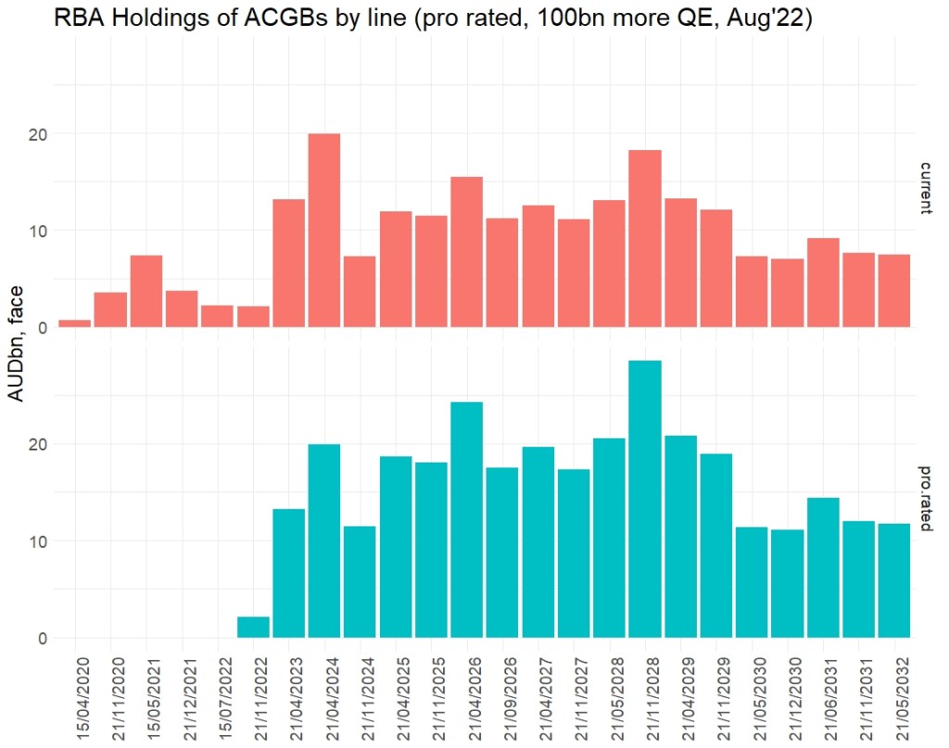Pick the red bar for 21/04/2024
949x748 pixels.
pyautogui.click(x=324, y=231)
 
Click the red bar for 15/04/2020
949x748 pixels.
pyautogui.click(x=75, y=323)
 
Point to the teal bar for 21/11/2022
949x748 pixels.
pyautogui.click(x=253, y=628)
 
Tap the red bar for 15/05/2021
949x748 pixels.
pyautogui.click(x=146, y=291)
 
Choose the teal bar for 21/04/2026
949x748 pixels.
pyautogui.click(x=467, y=520)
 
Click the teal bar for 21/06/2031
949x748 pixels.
pyautogui.click(x=823, y=567)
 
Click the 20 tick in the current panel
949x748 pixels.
pyautogui.click(x=38, y=133)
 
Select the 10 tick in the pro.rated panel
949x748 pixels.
pyautogui.click(x=38, y=541)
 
